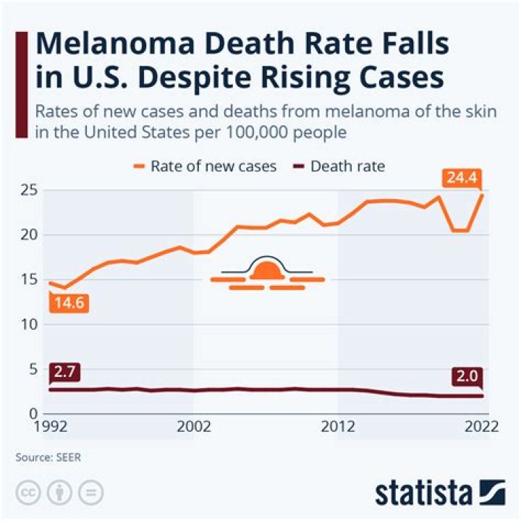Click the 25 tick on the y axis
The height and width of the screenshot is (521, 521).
click(x=28, y=190)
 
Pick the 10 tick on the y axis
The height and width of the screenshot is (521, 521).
click(x=28, y=324)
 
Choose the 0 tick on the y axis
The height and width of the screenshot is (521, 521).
click(x=33, y=413)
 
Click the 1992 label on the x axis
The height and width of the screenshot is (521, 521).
click(x=51, y=427)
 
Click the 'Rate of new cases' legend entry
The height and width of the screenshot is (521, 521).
click(x=204, y=166)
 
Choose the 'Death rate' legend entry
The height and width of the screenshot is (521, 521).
click(x=338, y=166)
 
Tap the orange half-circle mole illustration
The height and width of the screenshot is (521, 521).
click(x=268, y=272)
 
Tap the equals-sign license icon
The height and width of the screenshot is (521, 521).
click(x=90, y=494)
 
